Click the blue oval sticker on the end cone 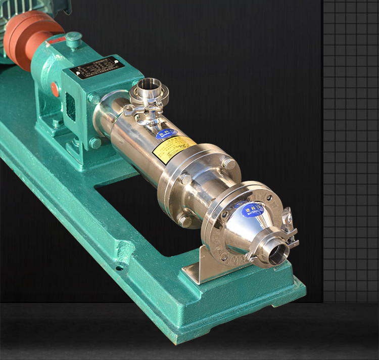tap(252, 209)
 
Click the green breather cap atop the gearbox tap(74, 38)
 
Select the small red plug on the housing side tap(54, 89)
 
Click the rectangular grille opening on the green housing tap(71, 106)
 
